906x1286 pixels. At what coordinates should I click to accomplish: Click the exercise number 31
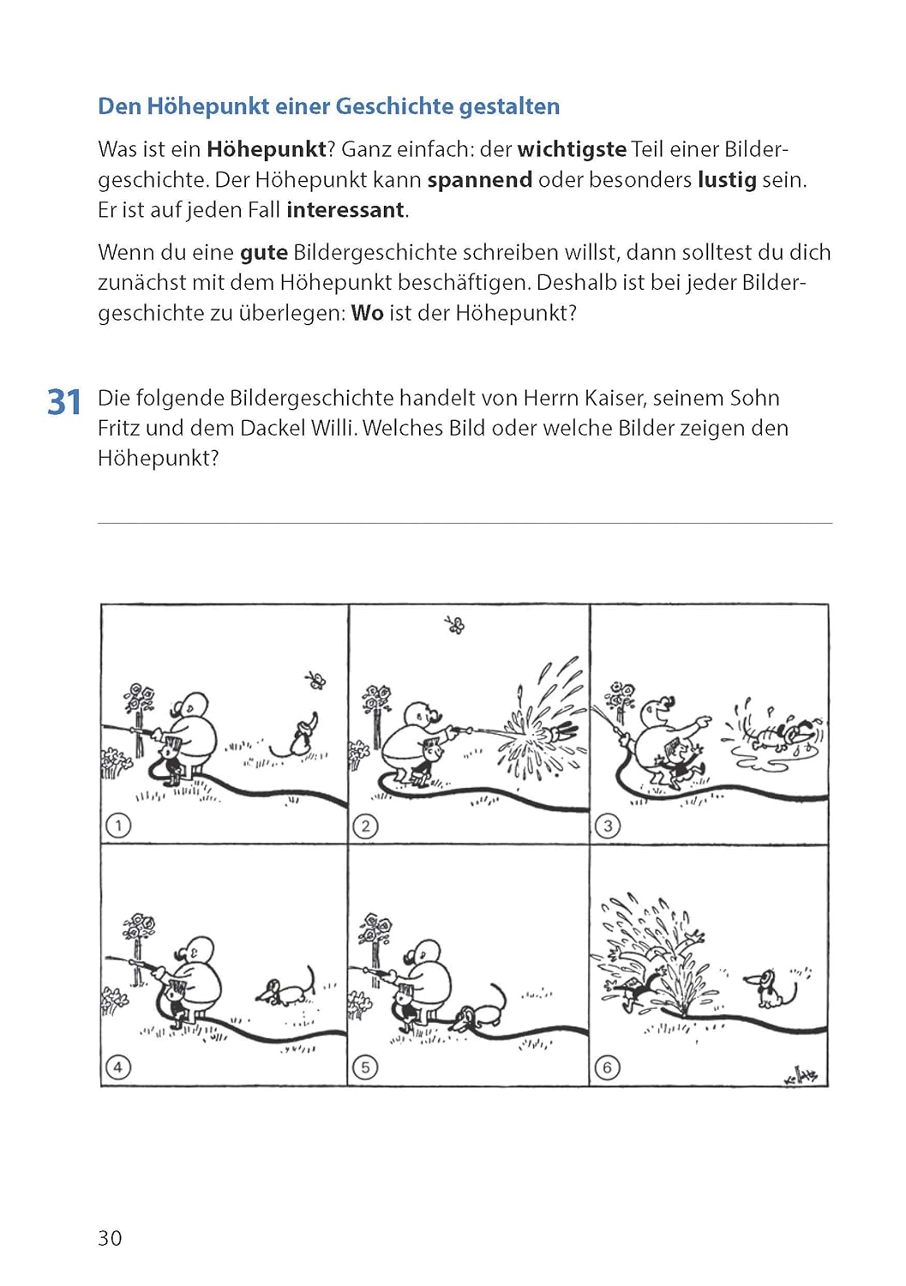click(64, 402)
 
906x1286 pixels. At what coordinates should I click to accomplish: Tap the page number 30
click(110, 1238)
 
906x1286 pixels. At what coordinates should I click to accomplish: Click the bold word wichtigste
click(572, 149)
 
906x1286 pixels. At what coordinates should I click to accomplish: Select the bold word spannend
click(479, 180)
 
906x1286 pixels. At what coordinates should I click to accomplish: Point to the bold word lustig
click(726, 180)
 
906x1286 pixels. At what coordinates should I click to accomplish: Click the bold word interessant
click(345, 210)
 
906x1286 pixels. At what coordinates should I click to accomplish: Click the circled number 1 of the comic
click(117, 826)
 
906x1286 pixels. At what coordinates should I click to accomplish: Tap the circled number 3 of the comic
click(607, 826)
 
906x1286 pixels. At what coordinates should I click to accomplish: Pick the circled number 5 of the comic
click(365, 1067)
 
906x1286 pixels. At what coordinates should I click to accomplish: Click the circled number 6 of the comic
click(607, 1067)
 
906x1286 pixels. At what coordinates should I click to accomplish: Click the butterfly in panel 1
click(315, 681)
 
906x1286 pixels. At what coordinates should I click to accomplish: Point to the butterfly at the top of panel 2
click(455, 625)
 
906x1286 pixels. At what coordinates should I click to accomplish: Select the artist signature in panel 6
click(801, 1076)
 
